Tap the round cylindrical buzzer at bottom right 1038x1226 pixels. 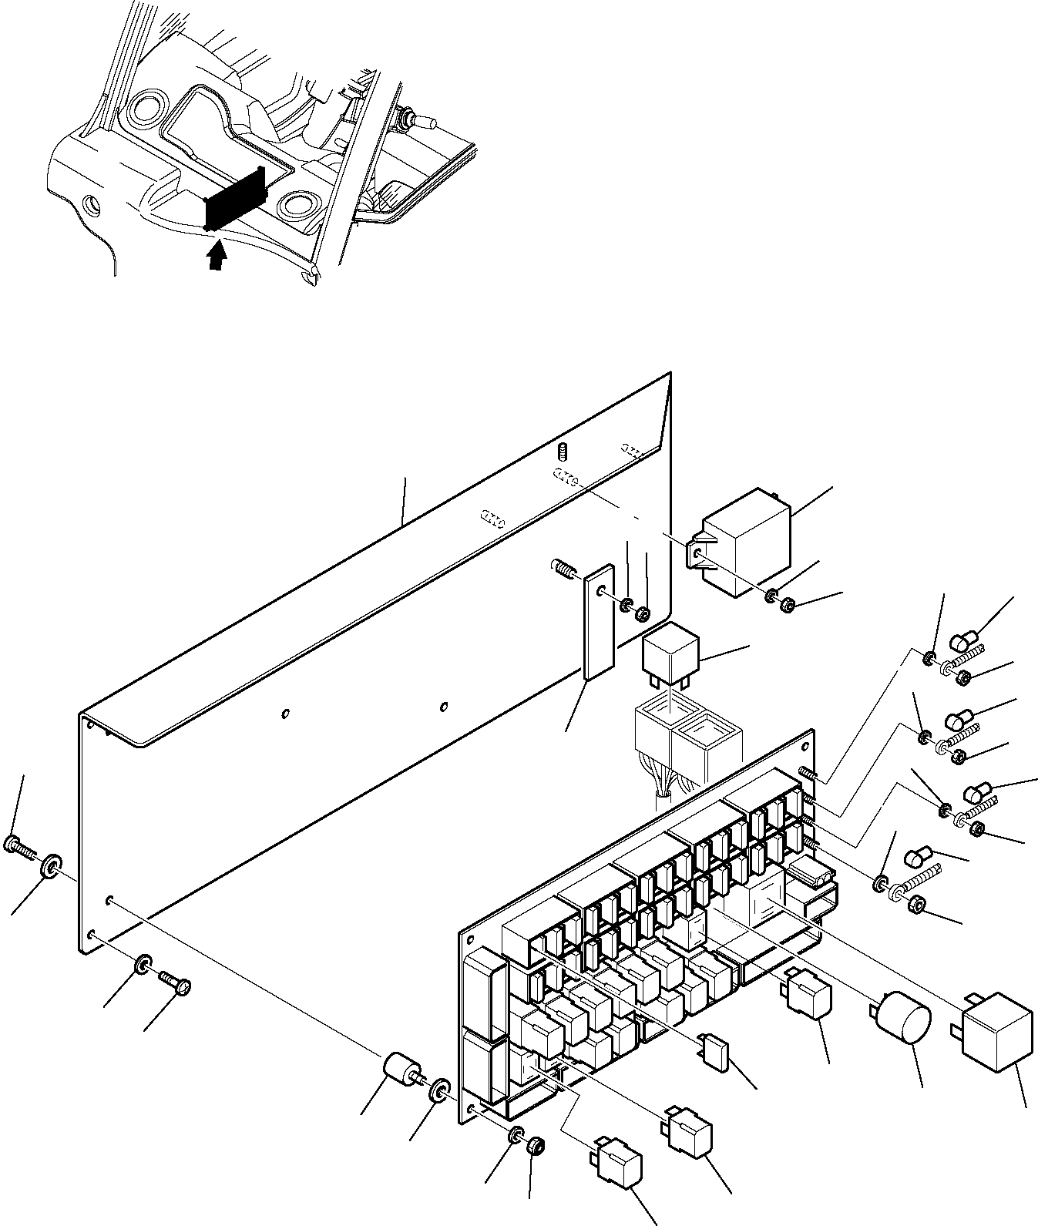click(x=903, y=1018)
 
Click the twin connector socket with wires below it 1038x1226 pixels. click(x=686, y=741)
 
